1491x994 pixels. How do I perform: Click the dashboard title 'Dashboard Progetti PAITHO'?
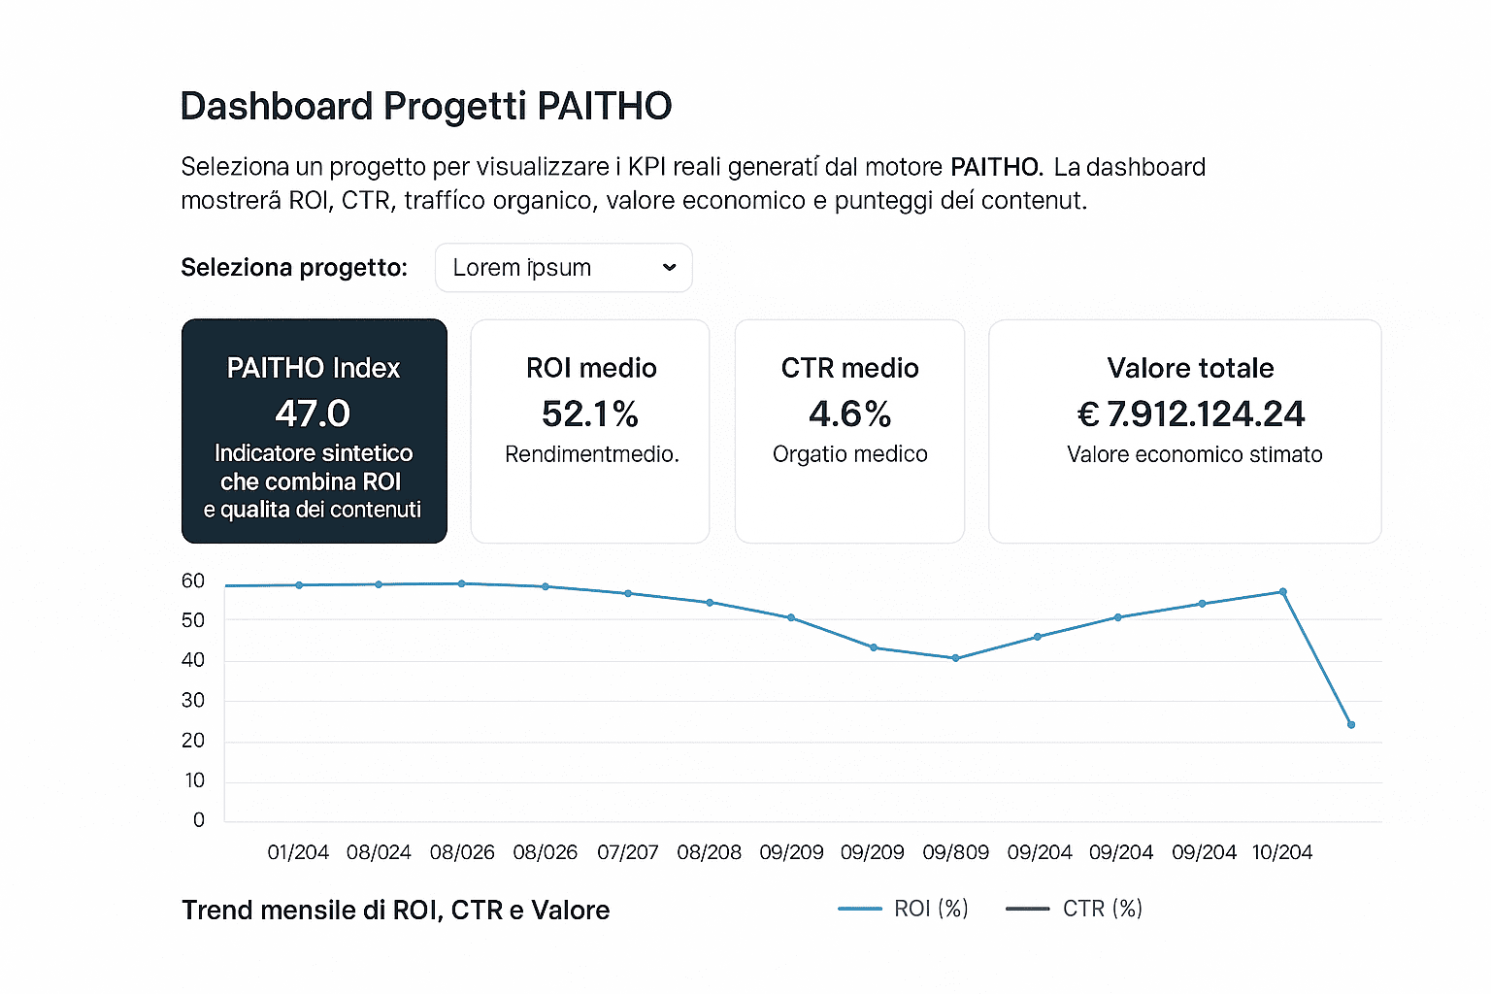(x=425, y=107)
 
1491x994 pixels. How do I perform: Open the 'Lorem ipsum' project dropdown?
(x=563, y=268)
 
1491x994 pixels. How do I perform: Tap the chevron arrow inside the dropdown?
(x=669, y=268)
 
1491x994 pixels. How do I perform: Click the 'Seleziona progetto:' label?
(x=294, y=268)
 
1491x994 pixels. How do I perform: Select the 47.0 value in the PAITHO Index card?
(x=313, y=414)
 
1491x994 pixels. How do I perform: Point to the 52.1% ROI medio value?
(x=590, y=414)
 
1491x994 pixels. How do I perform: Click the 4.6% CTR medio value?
(x=849, y=414)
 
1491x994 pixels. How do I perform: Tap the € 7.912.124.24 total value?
(x=1191, y=414)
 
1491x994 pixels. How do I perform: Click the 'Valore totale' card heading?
(x=1190, y=368)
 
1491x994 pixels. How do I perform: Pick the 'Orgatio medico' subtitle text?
(x=849, y=454)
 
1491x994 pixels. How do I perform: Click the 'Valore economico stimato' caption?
(x=1194, y=454)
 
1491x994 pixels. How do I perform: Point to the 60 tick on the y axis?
(x=193, y=580)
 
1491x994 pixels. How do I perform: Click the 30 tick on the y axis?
(x=193, y=700)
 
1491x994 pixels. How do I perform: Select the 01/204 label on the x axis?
(x=298, y=852)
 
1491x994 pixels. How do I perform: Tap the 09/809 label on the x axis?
(x=955, y=852)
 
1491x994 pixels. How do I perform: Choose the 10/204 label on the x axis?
(x=1281, y=852)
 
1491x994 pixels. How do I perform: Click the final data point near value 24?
(x=1351, y=725)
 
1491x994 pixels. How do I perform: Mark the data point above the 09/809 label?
(x=955, y=658)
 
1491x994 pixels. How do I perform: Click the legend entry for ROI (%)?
(x=904, y=909)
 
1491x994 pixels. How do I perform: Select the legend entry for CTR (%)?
(x=1075, y=909)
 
